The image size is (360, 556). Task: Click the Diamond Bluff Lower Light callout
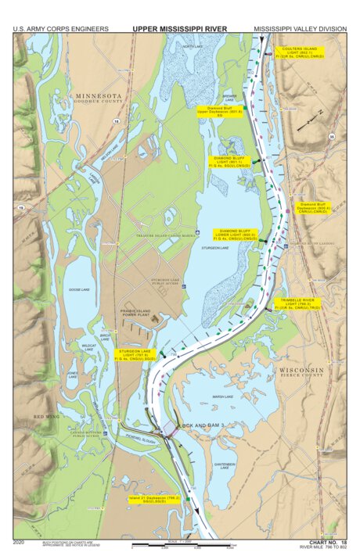click(235, 235)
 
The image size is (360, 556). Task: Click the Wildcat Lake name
click(90, 346)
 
